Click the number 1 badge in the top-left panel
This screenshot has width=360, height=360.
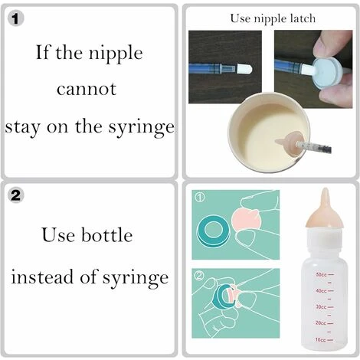pos(16,18)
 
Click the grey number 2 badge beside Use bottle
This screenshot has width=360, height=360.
pos(16,195)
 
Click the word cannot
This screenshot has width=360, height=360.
pos(87,89)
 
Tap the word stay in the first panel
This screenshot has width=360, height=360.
pos(22,128)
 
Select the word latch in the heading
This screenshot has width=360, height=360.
pos(303,18)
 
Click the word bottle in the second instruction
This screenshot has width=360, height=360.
pos(107,235)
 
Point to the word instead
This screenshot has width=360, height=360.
pos(42,277)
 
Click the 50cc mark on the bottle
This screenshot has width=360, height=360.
pos(325,275)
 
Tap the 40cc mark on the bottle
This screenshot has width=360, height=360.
pos(325,291)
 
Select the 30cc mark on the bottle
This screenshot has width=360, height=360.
pos(325,306)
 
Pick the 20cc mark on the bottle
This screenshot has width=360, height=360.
pos(325,323)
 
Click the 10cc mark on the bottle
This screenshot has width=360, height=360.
pos(325,340)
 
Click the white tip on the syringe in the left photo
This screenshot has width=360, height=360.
pos(244,69)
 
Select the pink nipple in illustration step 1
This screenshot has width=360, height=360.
pos(244,219)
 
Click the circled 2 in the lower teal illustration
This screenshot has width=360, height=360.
pos(200,276)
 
